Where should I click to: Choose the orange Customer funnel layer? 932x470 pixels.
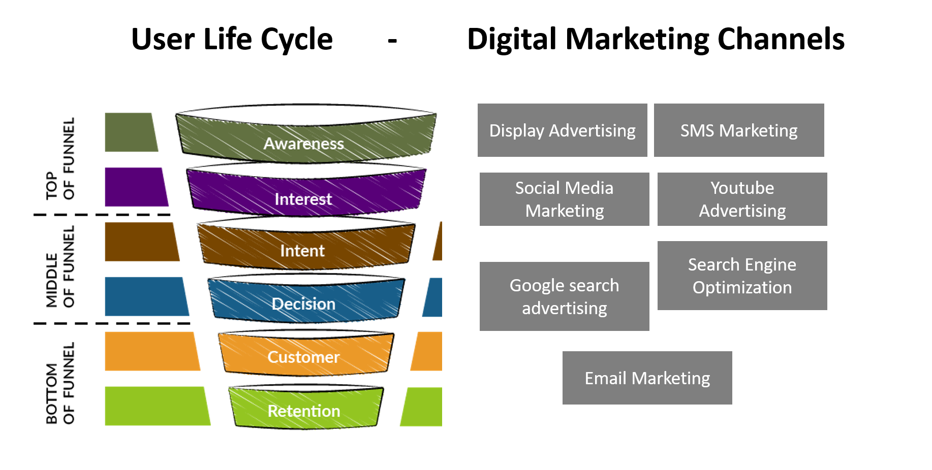306,354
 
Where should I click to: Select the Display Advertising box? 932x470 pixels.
563,130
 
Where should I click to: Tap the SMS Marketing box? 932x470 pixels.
739,130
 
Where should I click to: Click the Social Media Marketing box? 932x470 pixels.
565,199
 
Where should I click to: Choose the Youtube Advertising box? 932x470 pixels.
742,199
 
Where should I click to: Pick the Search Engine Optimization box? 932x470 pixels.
742,276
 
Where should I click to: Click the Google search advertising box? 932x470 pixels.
565,296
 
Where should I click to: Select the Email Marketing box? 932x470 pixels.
647,378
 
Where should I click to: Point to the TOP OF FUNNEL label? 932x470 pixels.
60,158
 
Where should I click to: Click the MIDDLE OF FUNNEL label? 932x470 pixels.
60,267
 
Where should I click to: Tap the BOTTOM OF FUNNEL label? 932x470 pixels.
60,383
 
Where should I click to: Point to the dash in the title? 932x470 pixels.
392,41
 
